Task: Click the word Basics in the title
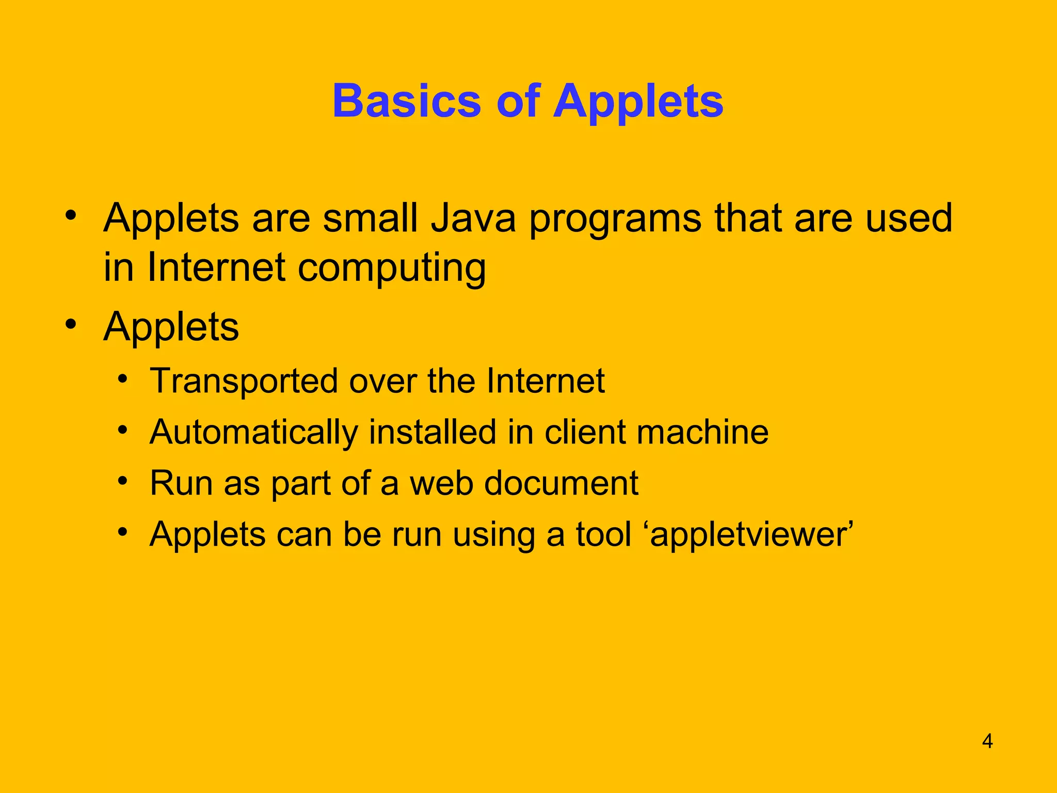pyautogui.click(x=407, y=101)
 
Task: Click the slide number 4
pyautogui.click(x=987, y=741)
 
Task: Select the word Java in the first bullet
pyautogui.click(x=473, y=218)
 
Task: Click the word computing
pyautogui.click(x=392, y=268)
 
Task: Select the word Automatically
pyautogui.click(x=253, y=433)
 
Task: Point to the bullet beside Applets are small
pyautogui.click(x=71, y=214)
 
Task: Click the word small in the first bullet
pyautogui.click(x=370, y=218)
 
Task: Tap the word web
pyautogui.click(x=441, y=483)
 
